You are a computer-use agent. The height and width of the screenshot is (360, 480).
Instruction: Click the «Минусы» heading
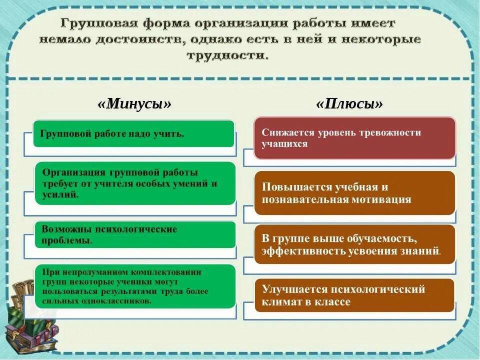(x=135, y=104)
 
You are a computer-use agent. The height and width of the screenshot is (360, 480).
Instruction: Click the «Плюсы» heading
(x=349, y=104)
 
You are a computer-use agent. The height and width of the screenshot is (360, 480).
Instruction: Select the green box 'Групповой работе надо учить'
(x=133, y=133)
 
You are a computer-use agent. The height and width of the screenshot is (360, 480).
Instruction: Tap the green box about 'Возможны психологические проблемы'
(x=134, y=234)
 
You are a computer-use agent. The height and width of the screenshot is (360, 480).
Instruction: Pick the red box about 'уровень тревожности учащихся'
(x=354, y=138)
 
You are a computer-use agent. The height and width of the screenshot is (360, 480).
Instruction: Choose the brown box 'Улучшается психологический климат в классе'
(x=354, y=295)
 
